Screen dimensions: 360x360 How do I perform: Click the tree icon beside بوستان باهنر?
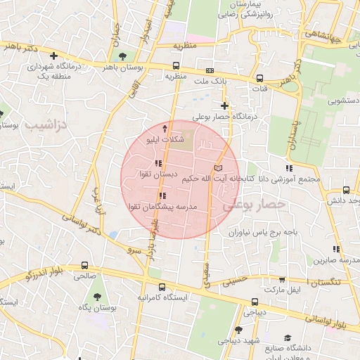[x=123, y=56]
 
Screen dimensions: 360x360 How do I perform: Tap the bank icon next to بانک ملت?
[x=210, y=71]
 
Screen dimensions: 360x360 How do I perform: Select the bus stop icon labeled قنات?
[x=259, y=78]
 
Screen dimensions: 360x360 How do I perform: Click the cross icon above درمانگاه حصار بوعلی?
[x=224, y=105]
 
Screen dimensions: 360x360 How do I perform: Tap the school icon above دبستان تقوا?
[x=157, y=164]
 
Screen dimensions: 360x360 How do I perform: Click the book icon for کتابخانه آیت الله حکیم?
[x=217, y=168]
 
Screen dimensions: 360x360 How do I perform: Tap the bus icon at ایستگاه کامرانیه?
[x=162, y=287]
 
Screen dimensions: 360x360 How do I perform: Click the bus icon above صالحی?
[x=85, y=266]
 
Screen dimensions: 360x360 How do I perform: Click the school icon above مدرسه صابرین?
[x=336, y=249]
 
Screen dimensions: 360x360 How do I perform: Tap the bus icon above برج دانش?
[x=346, y=190]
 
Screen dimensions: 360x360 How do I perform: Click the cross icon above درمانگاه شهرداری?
[x=53, y=56]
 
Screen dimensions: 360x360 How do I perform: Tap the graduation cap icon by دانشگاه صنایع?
[x=287, y=338]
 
